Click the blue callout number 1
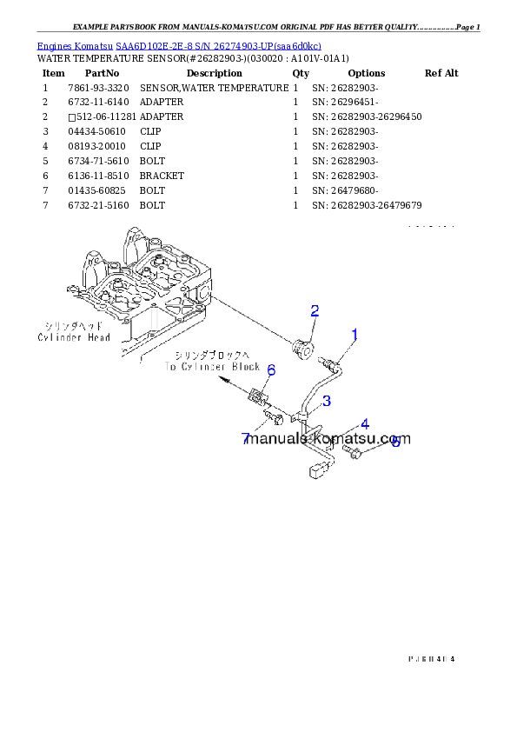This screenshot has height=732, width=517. click(355, 334)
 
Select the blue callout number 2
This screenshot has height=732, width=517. click(315, 311)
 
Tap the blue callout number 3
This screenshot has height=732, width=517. click(326, 401)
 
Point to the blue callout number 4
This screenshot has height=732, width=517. click(365, 424)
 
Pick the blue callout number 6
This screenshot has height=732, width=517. click(271, 371)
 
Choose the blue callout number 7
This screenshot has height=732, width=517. click(246, 438)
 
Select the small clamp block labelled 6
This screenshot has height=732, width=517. click(257, 397)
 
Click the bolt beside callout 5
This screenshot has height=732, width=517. click(354, 454)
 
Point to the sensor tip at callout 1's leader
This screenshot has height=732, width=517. click(327, 363)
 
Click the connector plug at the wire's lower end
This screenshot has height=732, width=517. click(315, 473)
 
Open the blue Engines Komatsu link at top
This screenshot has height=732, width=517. click(179, 45)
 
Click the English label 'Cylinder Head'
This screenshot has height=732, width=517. click(74, 336)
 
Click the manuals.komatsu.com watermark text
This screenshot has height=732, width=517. click(328, 440)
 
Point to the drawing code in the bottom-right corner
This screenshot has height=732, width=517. click(431, 658)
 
